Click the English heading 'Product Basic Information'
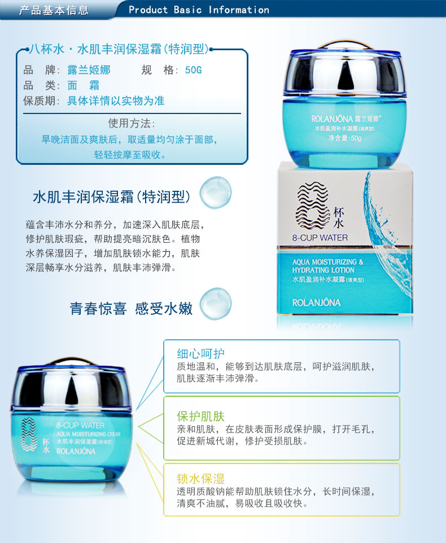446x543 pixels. pos(199,10)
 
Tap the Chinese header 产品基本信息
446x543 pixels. pos(54,10)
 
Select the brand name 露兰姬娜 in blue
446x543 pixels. pos(89,70)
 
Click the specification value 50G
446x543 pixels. pos(193,71)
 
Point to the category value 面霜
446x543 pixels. pos(83,85)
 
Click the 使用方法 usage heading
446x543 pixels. pos(132,123)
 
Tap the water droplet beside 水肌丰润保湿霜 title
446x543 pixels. pos(216,192)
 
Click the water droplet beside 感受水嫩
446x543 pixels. pos(216,304)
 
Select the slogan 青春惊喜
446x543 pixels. pos(98,309)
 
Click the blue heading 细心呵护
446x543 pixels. pos(201,353)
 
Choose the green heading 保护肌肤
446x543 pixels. pos(201,416)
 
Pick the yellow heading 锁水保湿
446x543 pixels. pos(201,479)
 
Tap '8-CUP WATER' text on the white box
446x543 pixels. pos(320,238)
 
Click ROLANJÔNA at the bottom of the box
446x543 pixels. pos(316,303)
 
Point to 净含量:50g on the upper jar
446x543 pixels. pos(345,138)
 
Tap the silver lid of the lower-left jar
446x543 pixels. pos(71,385)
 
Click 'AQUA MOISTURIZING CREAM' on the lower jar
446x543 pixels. pos(88,434)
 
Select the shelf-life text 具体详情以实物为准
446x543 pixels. pos(116,101)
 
